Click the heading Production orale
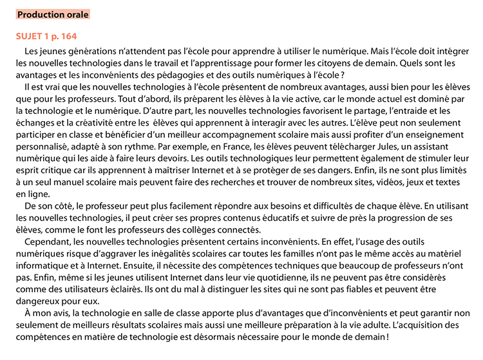53,14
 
